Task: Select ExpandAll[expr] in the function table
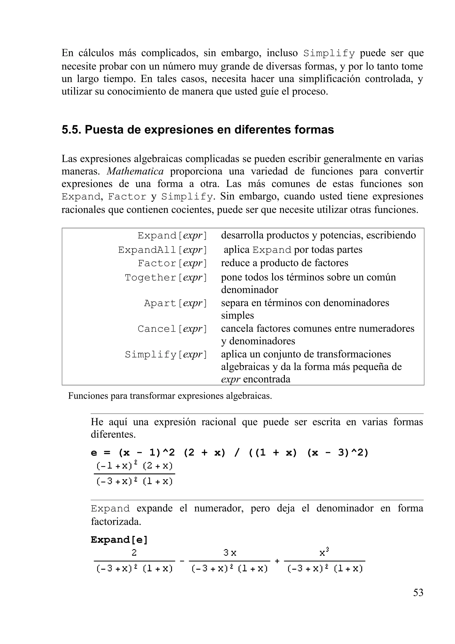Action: [x=162, y=250]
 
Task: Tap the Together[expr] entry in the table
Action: [x=166, y=277]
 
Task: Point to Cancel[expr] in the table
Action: [x=172, y=329]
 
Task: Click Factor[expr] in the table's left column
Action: [x=172, y=263]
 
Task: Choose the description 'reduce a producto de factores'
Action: [x=284, y=263]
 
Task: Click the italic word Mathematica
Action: [x=135, y=171]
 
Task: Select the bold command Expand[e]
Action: [x=119, y=540]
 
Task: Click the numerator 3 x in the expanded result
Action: [x=229, y=553]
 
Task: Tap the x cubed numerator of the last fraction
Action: [x=324, y=553]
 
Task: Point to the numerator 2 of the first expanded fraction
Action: [x=134, y=553]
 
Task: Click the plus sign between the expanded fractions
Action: [x=277, y=561]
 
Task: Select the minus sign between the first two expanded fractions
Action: [x=182, y=561]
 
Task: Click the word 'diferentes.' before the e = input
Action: [x=113, y=434]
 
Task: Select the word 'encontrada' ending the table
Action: [x=266, y=379]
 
